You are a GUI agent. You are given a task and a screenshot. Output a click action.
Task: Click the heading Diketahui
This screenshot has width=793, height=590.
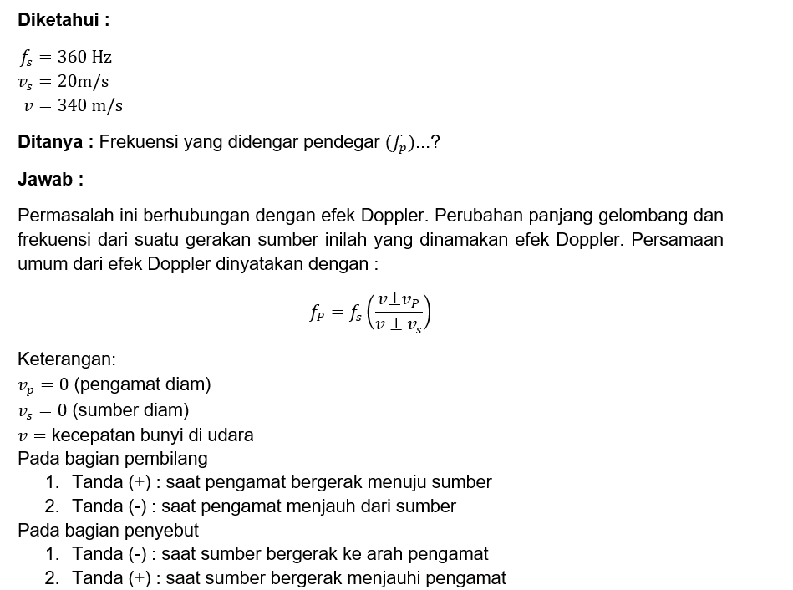pyautogui.click(x=64, y=20)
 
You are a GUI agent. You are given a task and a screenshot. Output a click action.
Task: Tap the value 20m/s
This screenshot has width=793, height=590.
pyautogui.click(x=84, y=81)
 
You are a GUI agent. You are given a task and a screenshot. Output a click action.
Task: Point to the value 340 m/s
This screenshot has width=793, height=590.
pyautogui.click(x=90, y=105)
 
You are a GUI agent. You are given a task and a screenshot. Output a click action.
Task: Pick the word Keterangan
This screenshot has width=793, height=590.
pyautogui.click(x=67, y=359)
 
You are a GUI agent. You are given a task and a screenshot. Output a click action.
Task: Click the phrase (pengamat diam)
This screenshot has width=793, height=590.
pyautogui.click(x=143, y=384)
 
